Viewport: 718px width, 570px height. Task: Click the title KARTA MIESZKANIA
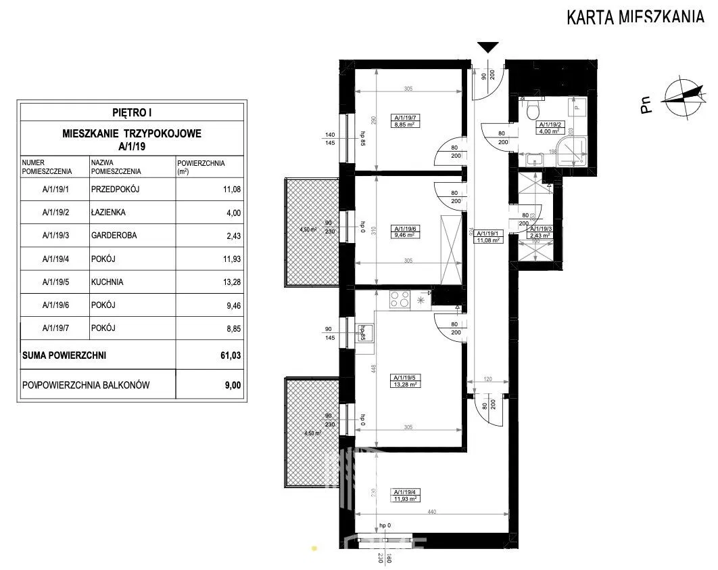(x=635, y=17)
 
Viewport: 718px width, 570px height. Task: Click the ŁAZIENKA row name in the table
(x=108, y=212)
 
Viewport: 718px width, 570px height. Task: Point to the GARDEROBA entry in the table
(x=112, y=235)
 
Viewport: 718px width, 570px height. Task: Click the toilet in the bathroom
(x=533, y=108)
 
